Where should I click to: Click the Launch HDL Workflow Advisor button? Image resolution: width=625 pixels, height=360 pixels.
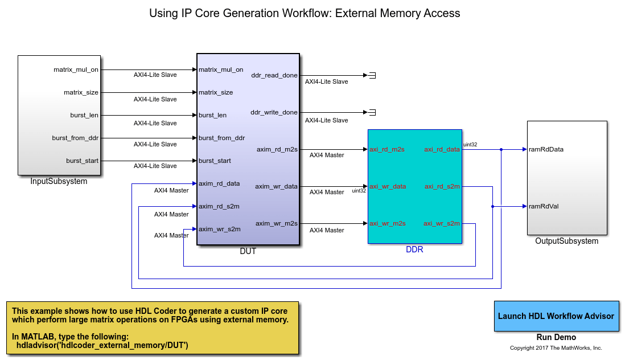556,316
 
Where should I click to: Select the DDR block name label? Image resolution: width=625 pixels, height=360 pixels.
414,249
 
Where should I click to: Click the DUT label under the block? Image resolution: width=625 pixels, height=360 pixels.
248,251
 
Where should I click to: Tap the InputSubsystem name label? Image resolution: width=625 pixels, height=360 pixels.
59,181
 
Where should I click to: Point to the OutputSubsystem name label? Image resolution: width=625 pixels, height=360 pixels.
566,241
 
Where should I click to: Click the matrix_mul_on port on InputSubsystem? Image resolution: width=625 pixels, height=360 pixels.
76,69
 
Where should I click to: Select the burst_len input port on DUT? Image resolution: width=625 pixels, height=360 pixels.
213,115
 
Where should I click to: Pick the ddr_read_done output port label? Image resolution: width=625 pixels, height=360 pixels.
274,75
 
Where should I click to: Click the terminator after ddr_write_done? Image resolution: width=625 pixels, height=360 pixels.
372,112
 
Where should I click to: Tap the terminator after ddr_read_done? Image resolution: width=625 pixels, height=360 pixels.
372,75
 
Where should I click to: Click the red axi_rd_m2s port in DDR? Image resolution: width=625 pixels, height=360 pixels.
387,149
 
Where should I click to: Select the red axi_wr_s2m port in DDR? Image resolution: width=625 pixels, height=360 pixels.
441,223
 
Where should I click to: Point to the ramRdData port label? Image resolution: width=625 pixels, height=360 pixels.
546,149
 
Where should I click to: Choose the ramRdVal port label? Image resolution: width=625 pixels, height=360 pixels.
544,206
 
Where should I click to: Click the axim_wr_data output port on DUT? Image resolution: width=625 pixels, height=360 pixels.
276,186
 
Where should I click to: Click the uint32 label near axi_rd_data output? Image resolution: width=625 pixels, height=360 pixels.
470,145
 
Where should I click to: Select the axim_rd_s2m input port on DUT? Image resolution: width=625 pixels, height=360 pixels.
219,206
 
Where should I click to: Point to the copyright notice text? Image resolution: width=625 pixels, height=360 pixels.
556,347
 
